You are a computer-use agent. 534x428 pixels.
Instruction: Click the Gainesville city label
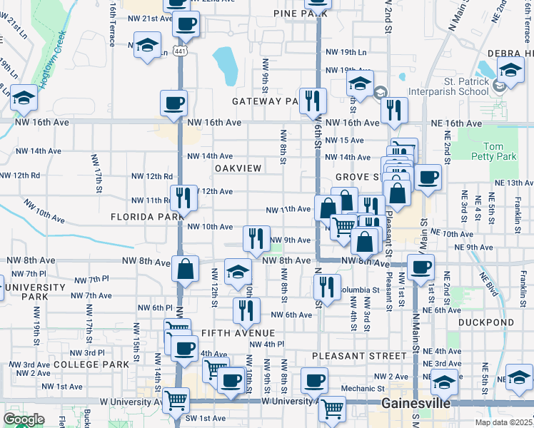[416, 403]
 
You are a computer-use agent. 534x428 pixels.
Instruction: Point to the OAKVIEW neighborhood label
[238, 168]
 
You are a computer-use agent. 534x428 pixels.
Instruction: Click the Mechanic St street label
[363, 389]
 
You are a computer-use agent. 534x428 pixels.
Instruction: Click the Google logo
[24, 419]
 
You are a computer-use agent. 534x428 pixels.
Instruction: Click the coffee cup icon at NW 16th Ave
[174, 103]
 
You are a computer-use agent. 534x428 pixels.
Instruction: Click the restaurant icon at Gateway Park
[313, 101]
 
